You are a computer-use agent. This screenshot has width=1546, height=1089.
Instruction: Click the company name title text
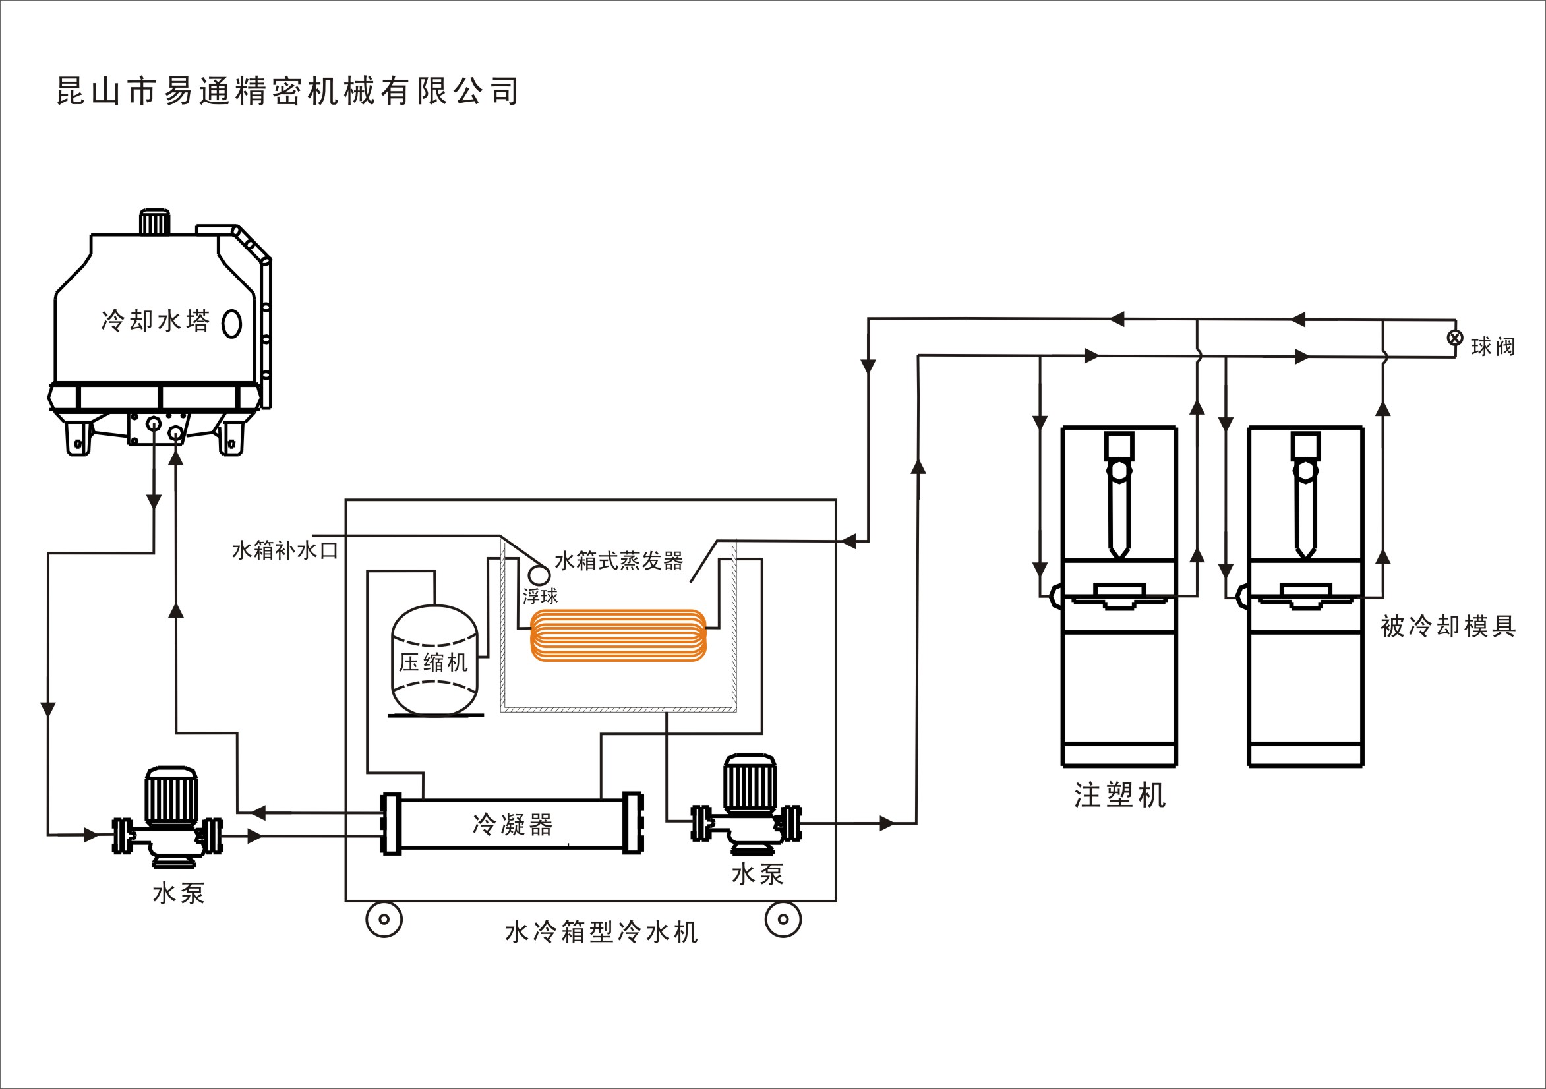pos(287,91)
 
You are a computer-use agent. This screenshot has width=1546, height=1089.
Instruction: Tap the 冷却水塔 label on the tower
pos(156,320)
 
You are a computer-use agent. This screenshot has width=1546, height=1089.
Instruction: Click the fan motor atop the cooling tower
pos(154,222)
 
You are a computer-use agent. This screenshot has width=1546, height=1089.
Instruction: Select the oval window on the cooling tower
pos(231,324)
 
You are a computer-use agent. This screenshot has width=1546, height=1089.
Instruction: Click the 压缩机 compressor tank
pos(434,661)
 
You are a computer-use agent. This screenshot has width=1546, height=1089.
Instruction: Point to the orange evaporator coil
pos(618,635)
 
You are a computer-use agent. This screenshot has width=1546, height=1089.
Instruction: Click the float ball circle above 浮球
pos(539,575)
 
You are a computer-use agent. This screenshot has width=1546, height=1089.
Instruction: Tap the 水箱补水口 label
pos(284,551)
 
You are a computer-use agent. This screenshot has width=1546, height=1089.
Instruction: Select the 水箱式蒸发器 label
pos(618,560)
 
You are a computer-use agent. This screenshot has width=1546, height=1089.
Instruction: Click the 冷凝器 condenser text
pos(512,824)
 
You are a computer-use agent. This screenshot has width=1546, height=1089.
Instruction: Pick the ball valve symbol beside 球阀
pos(1455,338)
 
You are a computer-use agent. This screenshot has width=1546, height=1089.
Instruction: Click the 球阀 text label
pos(1492,347)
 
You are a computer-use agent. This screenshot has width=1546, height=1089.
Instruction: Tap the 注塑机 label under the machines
pos(1119,796)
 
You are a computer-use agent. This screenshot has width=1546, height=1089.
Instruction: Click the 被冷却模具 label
pos(1448,626)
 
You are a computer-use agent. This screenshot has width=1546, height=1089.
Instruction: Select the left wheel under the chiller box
pos(384,920)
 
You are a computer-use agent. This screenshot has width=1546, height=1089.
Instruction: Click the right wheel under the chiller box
pos(783,919)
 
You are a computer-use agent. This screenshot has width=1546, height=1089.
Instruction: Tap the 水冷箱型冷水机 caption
pos(601,933)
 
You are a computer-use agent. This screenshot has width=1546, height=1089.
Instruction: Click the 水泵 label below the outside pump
pos(179,894)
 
